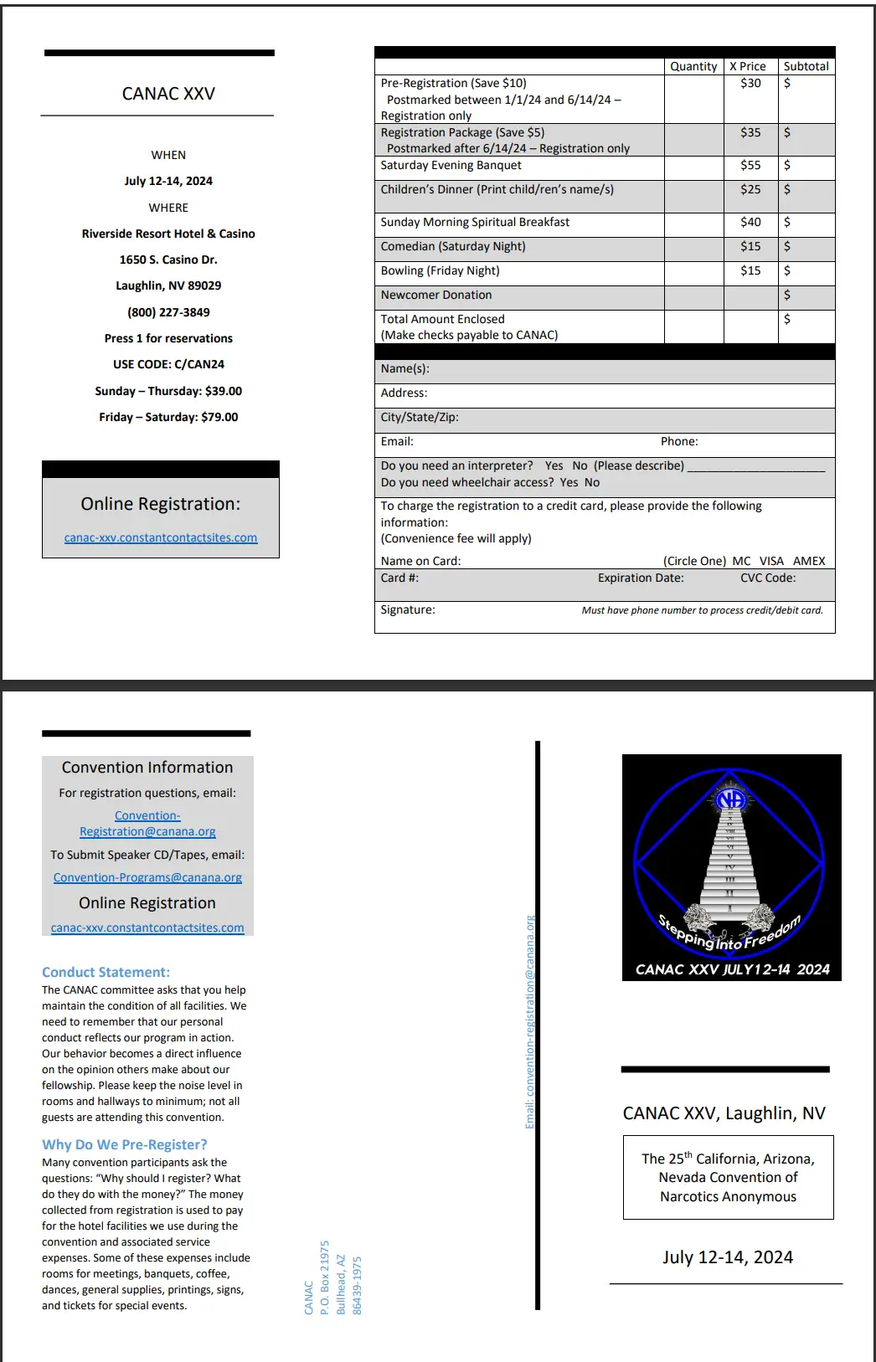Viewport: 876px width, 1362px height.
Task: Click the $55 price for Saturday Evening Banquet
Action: tap(750, 166)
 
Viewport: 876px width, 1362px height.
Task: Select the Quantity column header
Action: tap(693, 66)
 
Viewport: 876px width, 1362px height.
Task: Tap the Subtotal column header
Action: tap(806, 66)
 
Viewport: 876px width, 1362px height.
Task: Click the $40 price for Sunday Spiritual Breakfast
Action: tap(750, 223)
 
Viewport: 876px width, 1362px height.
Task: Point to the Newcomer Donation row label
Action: tap(436, 296)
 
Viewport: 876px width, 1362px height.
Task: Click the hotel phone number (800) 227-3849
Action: tap(168, 312)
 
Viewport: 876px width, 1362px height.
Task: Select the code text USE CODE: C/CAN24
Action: tap(168, 364)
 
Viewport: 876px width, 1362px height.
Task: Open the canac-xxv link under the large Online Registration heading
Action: tap(161, 537)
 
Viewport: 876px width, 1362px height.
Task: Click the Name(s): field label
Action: tap(405, 369)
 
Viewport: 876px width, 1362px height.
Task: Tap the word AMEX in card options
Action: tap(809, 561)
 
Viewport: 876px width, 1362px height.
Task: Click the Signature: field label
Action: tap(408, 610)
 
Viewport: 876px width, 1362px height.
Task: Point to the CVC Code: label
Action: tap(768, 578)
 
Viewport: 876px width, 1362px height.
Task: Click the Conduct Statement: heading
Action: tap(106, 972)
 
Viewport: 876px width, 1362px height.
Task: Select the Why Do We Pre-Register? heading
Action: tap(125, 1144)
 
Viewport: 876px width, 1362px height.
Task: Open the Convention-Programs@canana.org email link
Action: tap(147, 877)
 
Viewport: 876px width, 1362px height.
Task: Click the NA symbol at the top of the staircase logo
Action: tap(731, 799)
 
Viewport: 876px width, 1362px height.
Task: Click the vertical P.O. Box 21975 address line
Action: tap(325, 1277)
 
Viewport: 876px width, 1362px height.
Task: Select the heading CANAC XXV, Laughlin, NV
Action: tap(724, 1113)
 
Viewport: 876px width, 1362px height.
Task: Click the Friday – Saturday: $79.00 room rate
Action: tap(168, 417)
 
